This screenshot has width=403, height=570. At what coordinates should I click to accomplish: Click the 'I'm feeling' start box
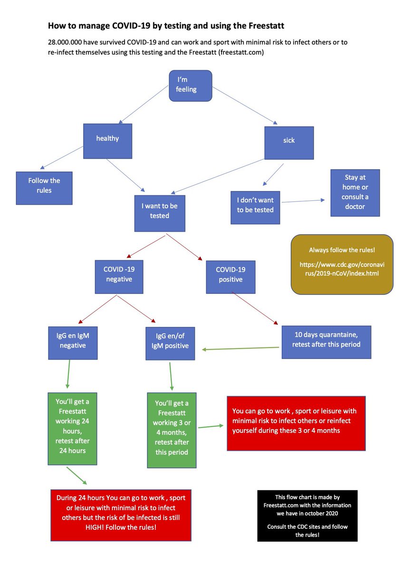(190, 85)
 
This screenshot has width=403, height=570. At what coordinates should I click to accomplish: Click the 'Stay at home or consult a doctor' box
(355, 192)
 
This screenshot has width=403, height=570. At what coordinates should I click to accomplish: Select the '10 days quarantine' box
(326, 342)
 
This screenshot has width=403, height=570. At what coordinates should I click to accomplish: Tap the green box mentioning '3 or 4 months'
(172, 430)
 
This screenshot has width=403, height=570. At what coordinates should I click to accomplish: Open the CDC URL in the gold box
(342, 269)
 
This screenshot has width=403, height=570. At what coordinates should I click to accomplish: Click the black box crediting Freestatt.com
(307, 516)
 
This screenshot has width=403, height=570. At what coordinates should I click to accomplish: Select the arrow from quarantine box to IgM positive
(240, 349)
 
